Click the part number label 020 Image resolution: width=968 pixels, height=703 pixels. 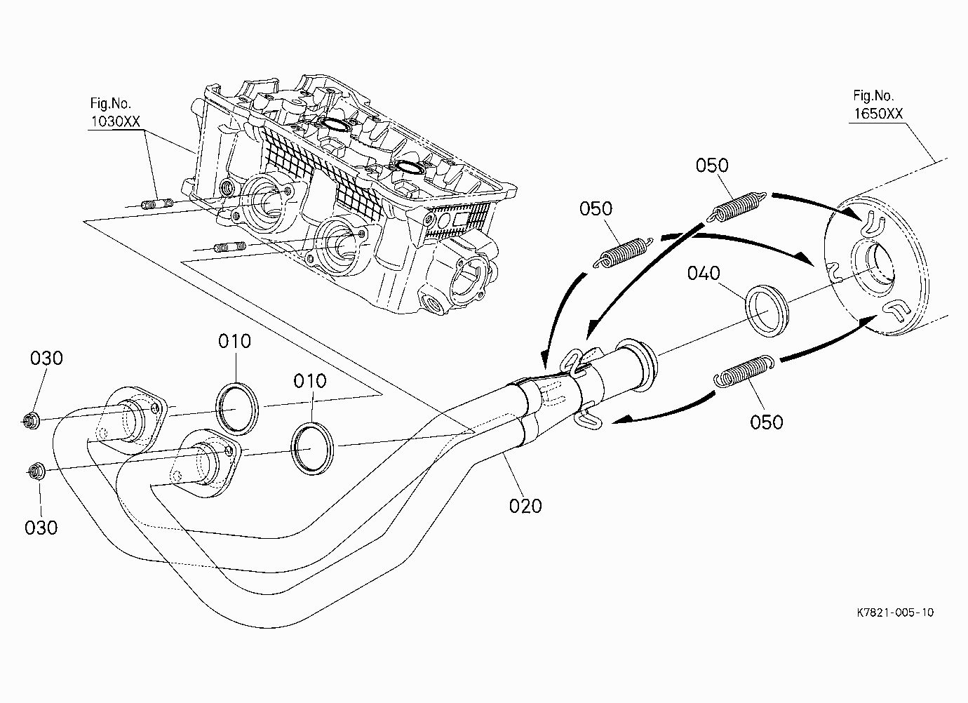525,506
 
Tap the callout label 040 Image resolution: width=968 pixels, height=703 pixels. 704,273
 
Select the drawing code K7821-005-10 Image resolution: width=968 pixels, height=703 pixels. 895,612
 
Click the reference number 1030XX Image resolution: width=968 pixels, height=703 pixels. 115,121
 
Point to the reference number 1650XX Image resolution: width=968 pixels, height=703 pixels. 878,114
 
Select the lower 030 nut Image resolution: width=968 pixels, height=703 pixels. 36,471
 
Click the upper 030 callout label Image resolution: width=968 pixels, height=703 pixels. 46,358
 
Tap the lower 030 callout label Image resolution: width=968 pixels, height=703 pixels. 41,528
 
